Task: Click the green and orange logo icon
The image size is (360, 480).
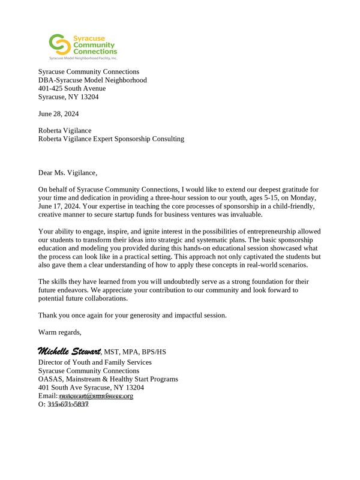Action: pos(59,44)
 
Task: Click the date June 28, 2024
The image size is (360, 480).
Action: pos(58,113)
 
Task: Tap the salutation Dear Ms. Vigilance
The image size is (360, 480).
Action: pos(67,173)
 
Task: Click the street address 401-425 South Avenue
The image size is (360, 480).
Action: pos(72,88)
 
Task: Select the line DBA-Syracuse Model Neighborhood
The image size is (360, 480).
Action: pos(92,80)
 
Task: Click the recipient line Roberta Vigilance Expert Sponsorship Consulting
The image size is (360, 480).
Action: pos(111,139)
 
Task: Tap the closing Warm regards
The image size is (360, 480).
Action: pos(59,332)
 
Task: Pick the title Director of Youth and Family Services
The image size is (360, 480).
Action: pos(95,362)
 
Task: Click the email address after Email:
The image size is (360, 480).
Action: pos(96,396)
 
